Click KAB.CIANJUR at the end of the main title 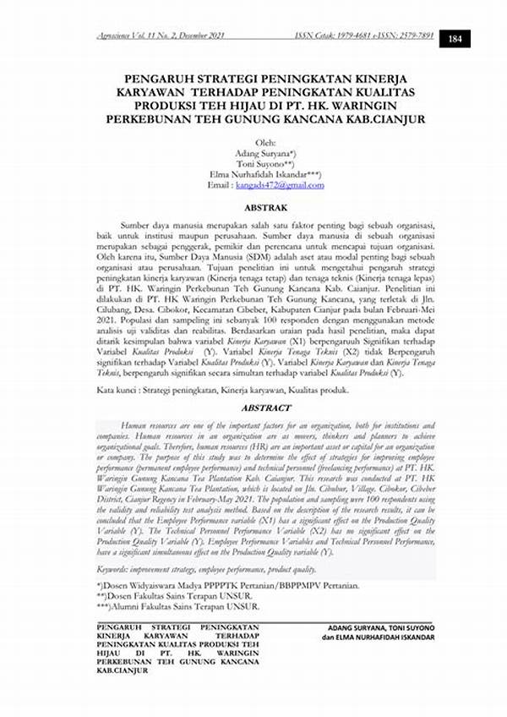[x=388, y=119]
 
